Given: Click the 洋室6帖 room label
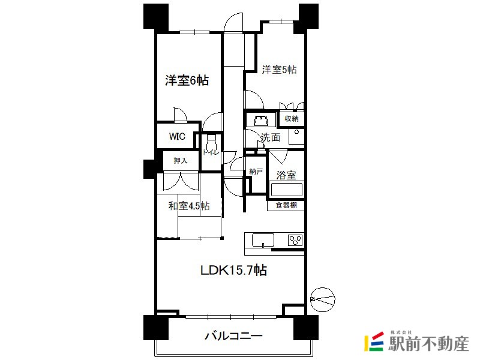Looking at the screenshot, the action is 187,80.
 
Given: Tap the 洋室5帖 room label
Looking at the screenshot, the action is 279,70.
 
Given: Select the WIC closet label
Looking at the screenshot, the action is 177,136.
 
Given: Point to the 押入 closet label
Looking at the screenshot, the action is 181,160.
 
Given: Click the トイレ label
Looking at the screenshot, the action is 211,152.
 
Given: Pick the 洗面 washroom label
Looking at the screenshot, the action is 271,137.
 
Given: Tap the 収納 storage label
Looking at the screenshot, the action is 292,118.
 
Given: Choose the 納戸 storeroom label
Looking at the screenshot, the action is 256,172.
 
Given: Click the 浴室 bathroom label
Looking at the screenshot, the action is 286,175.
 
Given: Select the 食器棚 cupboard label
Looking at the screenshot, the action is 286,205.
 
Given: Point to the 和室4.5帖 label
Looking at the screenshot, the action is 189,206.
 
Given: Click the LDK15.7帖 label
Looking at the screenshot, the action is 233,270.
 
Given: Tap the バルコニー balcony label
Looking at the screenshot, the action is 233,336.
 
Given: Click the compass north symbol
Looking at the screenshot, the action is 323,299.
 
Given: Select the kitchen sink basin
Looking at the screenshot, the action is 263,240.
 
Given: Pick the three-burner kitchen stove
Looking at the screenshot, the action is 295,239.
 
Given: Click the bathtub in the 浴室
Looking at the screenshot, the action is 286,190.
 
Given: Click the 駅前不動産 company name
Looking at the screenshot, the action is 429,344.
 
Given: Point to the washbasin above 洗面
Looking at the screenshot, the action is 261,120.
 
